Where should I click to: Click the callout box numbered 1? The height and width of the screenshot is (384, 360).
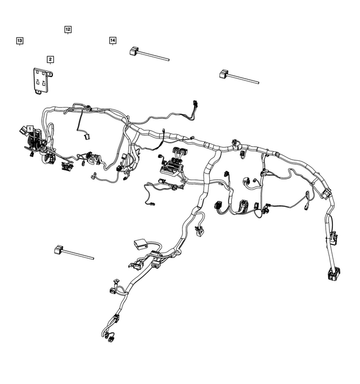click(30, 129)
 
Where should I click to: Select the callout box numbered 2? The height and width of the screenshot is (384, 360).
click(50, 59)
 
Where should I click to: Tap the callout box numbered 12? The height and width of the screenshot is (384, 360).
click(67, 29)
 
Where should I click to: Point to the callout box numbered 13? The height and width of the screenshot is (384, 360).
click(19, 41)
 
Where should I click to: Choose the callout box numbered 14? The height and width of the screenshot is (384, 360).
click(112, 40)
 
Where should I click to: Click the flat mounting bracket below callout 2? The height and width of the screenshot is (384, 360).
click(40, 80)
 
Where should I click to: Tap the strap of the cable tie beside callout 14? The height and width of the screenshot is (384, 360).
click(155, 56)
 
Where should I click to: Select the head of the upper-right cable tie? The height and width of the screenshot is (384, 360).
click(223, 73)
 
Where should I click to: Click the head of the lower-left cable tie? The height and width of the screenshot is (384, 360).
click(58, 249)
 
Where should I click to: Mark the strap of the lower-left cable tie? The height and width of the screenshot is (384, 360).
click(78, 255)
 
